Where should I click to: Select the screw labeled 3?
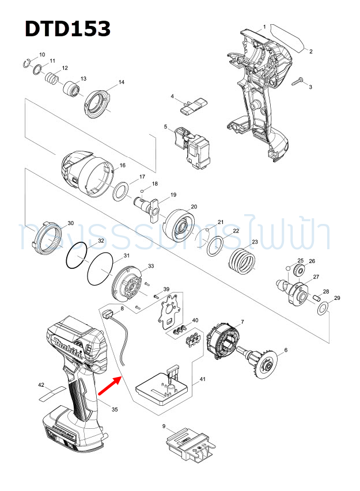click(299, 82)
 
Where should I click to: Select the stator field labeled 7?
click(223, 344)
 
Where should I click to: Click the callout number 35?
click(115, 409)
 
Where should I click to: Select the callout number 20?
click(194, 207)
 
